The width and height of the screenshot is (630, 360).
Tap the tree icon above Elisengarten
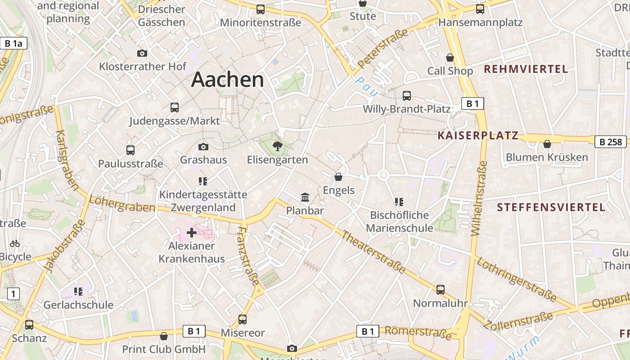coord(278,146)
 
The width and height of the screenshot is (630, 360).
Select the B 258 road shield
coord(611,142)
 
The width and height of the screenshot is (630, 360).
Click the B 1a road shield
coord(13,43)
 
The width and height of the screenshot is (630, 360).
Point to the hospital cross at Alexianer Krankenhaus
coord(192,233)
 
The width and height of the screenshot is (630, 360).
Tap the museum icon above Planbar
coord(305,197)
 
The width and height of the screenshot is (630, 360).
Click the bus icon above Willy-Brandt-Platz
coord(407,95)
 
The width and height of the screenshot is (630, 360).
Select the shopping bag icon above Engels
coord(338,177)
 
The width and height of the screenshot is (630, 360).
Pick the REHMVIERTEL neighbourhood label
coord(526,69)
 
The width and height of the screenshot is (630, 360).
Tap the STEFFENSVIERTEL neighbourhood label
coord(551,207)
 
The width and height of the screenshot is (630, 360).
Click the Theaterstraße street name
coord(372,252)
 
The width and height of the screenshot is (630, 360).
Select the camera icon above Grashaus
coord(203,147)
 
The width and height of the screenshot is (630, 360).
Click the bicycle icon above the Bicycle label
coord(15,243)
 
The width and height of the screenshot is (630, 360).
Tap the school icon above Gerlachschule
coord(78,292)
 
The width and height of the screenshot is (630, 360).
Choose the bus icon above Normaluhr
coord(440,290)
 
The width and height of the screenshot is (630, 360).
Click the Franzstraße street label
coord(248,256)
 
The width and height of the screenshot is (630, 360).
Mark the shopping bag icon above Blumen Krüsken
coord(547,144)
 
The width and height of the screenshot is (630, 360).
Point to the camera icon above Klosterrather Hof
coord(142,53)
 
